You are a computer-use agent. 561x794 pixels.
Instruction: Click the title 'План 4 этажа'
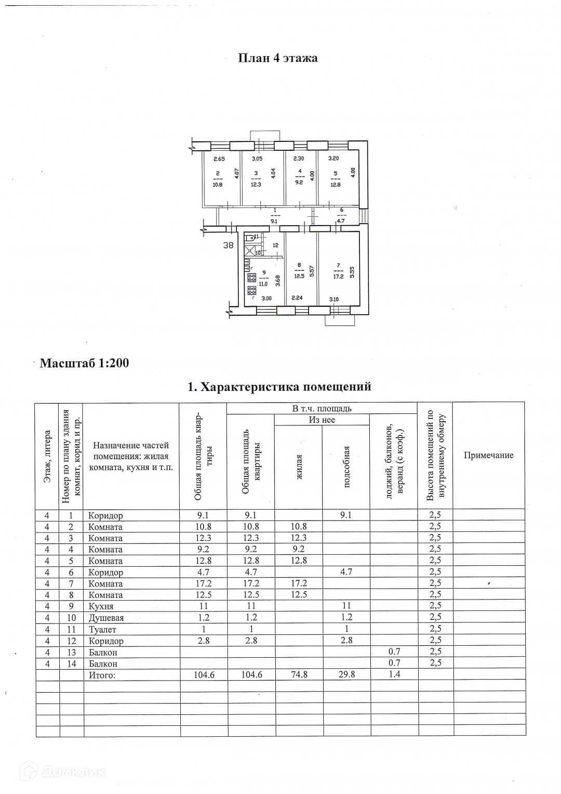[x=277, y=58]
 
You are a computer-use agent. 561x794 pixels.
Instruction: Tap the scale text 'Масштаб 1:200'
[x=84, y=363]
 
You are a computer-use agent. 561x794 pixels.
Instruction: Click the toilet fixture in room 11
[x=249, y=237]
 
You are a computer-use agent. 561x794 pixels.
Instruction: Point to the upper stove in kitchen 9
[x=251, y=278]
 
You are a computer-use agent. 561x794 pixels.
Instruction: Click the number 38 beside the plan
[x=228, y=245]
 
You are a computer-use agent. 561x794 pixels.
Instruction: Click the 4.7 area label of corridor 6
[x=341, y=220]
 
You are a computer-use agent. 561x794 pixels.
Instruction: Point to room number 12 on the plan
[x=275, y=245]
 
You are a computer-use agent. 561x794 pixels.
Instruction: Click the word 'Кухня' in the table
[x=101, y=606]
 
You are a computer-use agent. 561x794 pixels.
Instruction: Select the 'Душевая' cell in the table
[x=106, y=618]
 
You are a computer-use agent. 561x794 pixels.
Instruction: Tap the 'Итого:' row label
[x=102, y=675]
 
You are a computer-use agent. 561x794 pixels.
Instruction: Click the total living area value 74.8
[x=299, y=675]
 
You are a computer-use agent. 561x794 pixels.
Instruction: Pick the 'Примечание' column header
[x=488, y=455]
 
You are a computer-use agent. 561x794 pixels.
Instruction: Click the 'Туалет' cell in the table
[x=103, y=629]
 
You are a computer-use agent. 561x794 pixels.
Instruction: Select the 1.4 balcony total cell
[x=394, y=675]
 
